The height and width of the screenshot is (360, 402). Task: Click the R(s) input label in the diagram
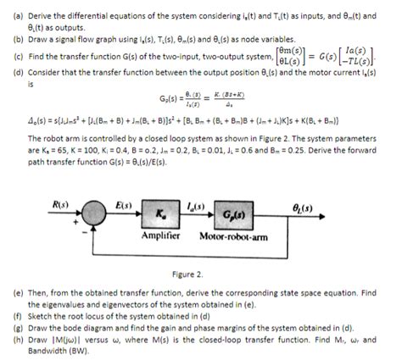coord(59,203)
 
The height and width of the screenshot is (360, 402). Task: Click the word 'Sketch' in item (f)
coord(39,311)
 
